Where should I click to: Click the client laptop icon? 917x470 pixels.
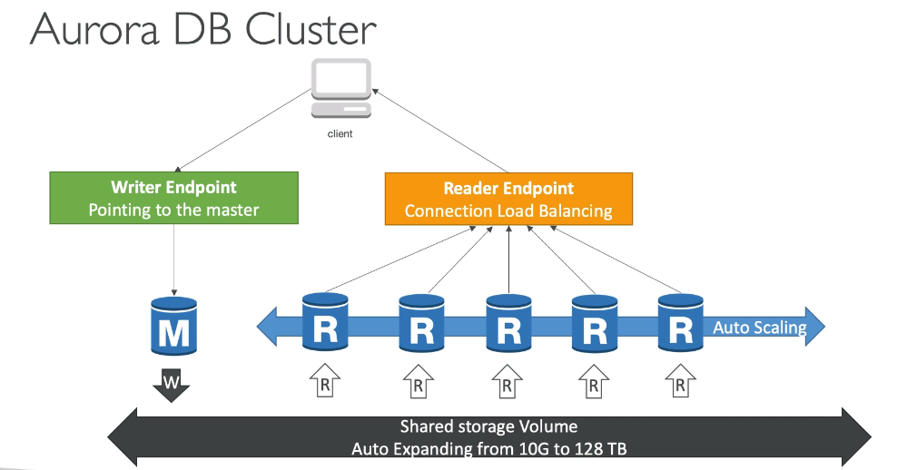(x=340, y=89)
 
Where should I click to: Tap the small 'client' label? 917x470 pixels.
(x=340, y=133)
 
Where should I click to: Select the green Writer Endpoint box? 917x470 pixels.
(x=173, y=199)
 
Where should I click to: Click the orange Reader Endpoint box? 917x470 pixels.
(x=508, y=199)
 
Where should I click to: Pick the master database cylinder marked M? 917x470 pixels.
(x=173, y=326)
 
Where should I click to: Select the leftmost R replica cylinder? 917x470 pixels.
(x=325, y=322)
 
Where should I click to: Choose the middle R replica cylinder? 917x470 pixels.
(x=508, y=324)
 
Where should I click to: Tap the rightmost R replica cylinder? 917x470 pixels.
(x=680, y=322)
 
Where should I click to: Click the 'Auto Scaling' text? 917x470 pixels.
(x=760, y=328)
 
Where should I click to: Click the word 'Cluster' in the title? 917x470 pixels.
(x=308, y=29)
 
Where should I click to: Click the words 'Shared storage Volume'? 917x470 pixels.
(x=488, y=426)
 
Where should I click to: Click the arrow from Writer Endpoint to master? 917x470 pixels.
(x=173, y=259)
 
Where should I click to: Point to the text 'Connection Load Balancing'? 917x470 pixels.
(x=508, y=211)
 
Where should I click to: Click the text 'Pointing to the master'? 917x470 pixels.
(x=173, y=210)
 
